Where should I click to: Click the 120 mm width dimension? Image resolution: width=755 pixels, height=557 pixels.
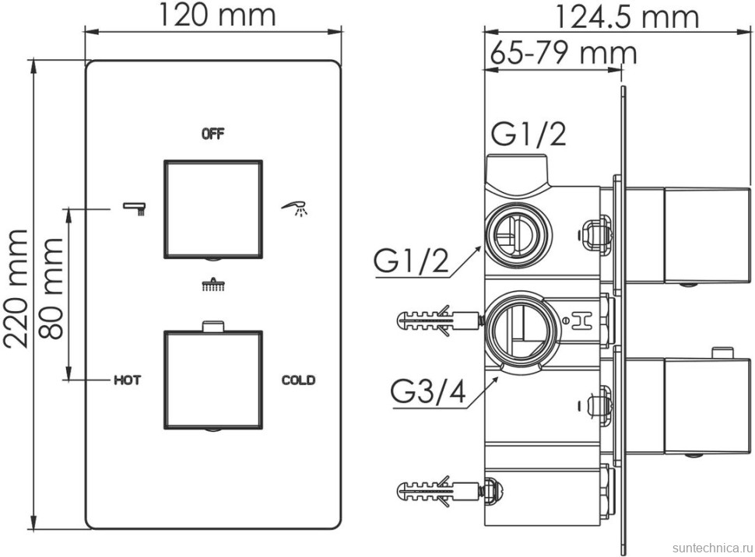[216, 15]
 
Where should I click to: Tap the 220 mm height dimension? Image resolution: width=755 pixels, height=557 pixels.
[16, 289]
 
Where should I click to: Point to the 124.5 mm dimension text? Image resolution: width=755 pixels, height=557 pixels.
[627, 16]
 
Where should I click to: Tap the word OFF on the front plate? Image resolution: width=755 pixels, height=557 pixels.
[212, 134]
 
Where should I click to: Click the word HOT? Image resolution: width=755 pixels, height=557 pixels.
[127, 380]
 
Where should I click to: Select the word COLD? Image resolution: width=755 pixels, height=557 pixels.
[299, 380]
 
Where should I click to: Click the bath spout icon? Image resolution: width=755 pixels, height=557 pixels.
[135, 208]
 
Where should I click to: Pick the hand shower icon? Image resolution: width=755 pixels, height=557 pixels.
[295, 208]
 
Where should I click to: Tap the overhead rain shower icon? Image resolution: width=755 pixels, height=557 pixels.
[212, 285]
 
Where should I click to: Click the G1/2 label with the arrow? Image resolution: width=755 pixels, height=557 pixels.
[412, 261]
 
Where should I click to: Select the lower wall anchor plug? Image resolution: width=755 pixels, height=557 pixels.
[439, 491]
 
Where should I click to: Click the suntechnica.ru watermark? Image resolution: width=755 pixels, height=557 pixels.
[711, 548]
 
